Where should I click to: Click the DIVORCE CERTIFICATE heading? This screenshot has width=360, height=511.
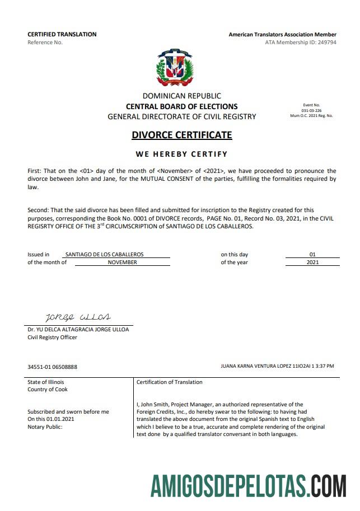181,135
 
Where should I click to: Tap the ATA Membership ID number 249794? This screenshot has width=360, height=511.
325,43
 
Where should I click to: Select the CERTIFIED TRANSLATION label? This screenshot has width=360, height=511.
62,34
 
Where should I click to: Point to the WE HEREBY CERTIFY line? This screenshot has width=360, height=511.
181,154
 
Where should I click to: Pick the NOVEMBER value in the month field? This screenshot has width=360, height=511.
122,262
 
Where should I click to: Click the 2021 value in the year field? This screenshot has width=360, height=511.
312,262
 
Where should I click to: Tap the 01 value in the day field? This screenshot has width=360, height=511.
312,254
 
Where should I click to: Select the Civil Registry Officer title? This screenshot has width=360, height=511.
53,337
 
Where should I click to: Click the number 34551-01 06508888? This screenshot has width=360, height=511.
52,367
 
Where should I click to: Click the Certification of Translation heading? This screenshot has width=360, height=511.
169,382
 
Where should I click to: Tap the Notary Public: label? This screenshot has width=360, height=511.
45,426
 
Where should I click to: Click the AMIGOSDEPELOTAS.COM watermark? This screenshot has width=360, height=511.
248,485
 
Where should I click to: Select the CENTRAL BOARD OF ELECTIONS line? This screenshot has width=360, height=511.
181,106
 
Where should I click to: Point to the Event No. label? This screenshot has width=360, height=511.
311,105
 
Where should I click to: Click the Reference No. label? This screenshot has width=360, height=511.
45,43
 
